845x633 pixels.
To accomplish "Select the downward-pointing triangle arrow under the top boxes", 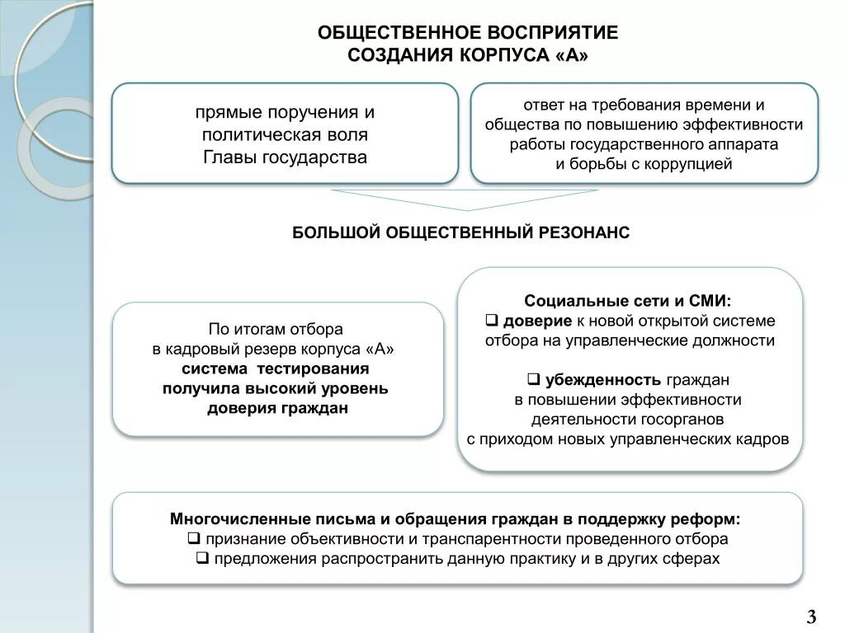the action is tap(465, 199).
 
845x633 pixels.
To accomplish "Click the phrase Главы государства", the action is tap(285, 157).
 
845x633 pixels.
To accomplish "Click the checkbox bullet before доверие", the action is tap(489, 320).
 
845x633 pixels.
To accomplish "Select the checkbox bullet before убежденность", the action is tap(533, 380).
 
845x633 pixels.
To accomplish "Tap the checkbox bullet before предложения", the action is tap(201, 559).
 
